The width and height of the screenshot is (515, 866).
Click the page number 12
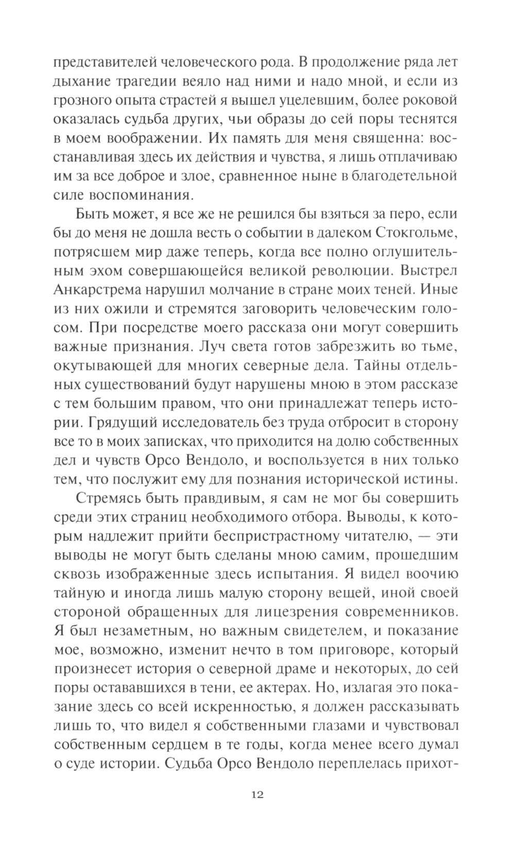tap(257, 809)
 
